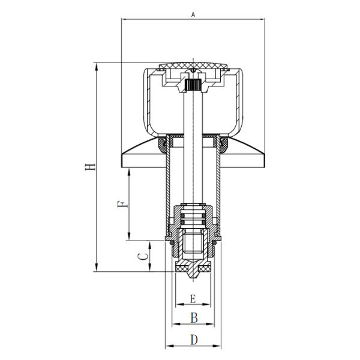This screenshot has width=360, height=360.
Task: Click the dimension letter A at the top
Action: click(x=193, y=14)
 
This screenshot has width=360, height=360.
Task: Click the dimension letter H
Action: click(x=90, y=167)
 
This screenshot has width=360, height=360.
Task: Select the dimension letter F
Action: click(x=122, y=204)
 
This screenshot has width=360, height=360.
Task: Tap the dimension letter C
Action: click(x=143, y=256)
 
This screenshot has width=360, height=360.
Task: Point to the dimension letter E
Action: click(x=193, y=299)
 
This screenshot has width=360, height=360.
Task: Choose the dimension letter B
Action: click(x=194, y=318)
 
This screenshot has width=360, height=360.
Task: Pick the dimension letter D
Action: click(x=194, y=340)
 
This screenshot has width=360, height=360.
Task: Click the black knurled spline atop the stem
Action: click(x=193, y=85)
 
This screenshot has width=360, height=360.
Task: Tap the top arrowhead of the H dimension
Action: click(x=97, y=67)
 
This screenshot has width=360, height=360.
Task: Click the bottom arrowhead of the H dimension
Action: click(x=97, y=267)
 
